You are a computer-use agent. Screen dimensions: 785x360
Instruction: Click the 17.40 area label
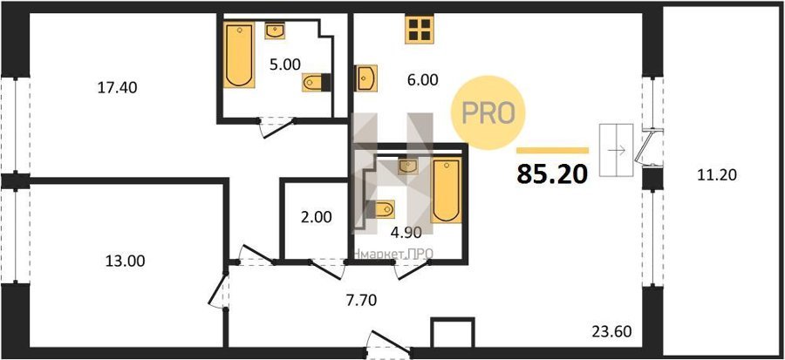tap(115, 88)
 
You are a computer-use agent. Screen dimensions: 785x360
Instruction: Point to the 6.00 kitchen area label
tap(422, 80)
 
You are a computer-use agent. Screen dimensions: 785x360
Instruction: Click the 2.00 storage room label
tap(316, 218)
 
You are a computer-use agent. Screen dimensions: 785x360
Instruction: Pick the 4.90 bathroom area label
tap(405, 232)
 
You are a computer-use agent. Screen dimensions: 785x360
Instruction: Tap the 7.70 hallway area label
tap(360, 300)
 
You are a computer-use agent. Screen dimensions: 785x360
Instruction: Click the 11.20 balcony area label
tap(716, 175)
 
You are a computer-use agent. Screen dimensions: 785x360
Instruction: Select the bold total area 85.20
tap(552, 173)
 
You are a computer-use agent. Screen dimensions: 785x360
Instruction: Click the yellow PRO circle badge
tap(488, 112)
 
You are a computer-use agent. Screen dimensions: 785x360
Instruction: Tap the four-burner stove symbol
tap(420, 29)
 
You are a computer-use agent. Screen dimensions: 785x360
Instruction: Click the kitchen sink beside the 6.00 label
tap(366, 78)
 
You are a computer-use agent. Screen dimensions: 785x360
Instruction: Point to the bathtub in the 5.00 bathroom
tap(239, 55)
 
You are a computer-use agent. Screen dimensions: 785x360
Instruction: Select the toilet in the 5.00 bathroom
tap(317, 82)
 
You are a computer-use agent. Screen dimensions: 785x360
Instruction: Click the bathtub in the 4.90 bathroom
tap(447, 191)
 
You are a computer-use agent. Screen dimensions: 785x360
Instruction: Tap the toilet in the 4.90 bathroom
tap(380, 209)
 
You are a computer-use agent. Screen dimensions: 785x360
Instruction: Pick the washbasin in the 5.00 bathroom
tap(275, 31)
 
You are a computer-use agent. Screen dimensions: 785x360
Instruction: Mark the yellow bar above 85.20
tap(552, 150)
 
